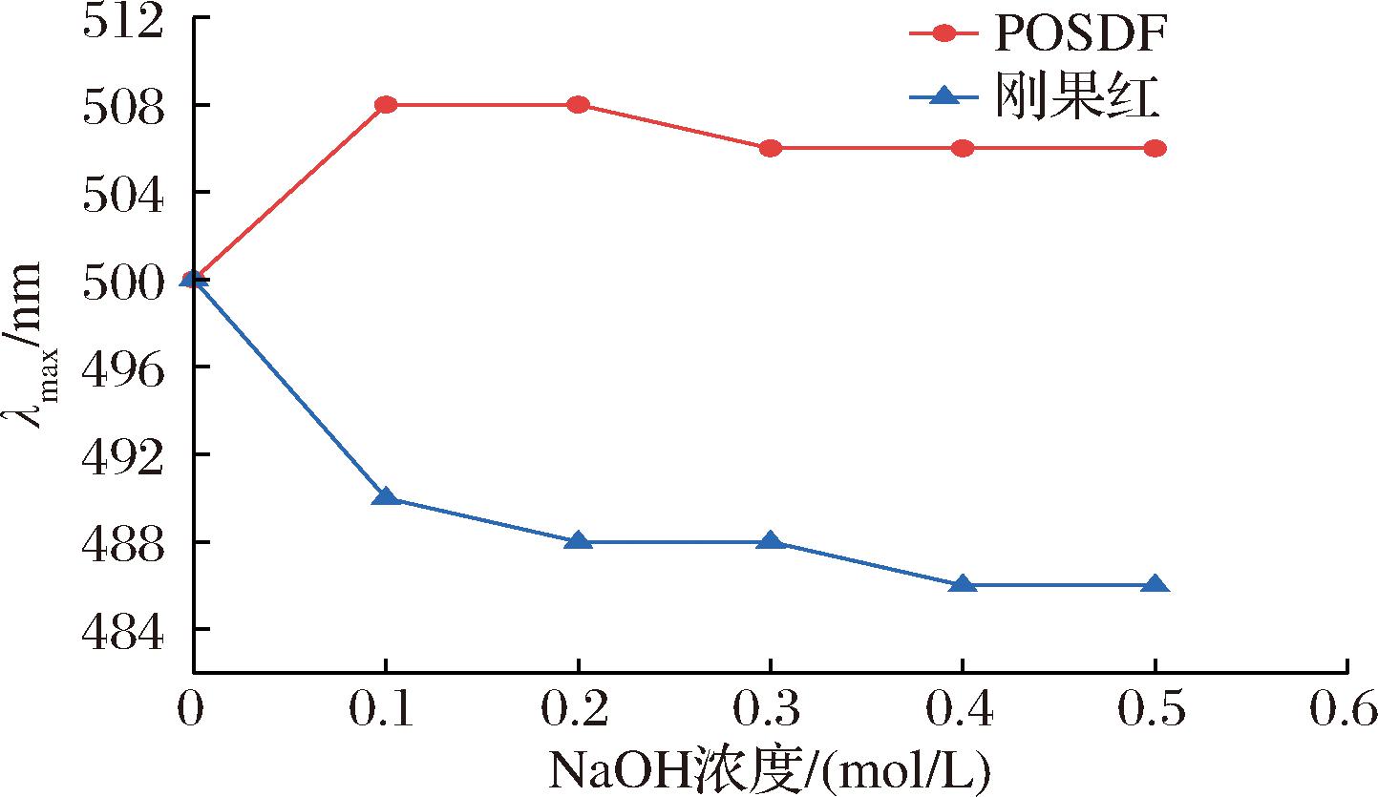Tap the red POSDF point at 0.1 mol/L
tap(386, 104)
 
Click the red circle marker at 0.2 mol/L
tap(578, 104)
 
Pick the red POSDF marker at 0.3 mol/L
tap(771, 148)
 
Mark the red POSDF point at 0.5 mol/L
tap(1155, 148)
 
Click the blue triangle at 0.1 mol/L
tap(386, 496)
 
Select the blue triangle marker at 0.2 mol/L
tap(578, 540)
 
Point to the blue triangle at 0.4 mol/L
tap(963, 584)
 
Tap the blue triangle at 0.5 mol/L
tap(1155, 584)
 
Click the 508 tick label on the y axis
tap(123, 104)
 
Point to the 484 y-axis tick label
tap(123, 629)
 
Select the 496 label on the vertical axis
tap(123, 367)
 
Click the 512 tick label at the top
tap(123, 21)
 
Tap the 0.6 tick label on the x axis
tap(1346, 710)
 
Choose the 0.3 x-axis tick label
tap(771, 710)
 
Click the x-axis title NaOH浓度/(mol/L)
tap(769, 767)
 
